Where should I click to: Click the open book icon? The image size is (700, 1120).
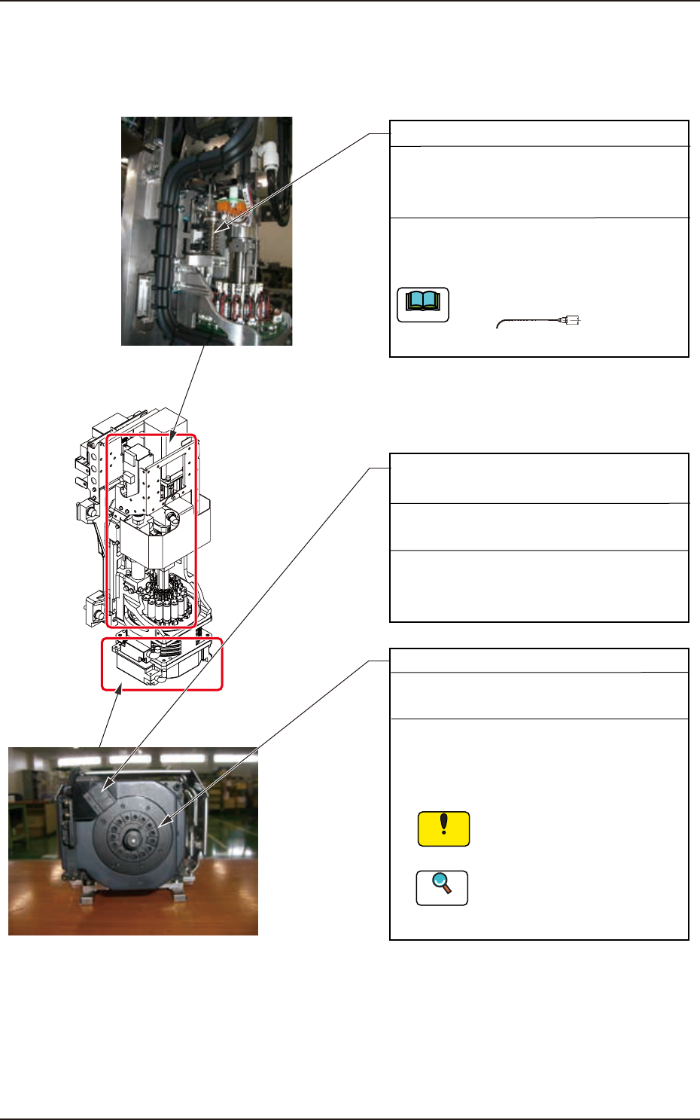pyautogui.click(x=423, y=305)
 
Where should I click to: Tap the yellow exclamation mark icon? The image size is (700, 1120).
pyautogui.click(x=443, y=829)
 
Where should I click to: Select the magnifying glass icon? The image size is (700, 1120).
pyautogui.click(x=443, y=887)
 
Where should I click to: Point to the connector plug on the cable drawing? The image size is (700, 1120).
pyautogui.click(x=570, y=321)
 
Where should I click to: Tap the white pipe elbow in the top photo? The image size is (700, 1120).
pyautogui.click(x=269, y=155)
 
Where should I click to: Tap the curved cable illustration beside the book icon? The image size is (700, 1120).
pyautogui.click(x=527, y=322)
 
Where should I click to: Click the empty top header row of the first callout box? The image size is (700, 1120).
pyautogui.click(x=539, y=133)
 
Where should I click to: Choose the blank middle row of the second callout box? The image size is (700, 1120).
pyautogui.click(x=539, y=526)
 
